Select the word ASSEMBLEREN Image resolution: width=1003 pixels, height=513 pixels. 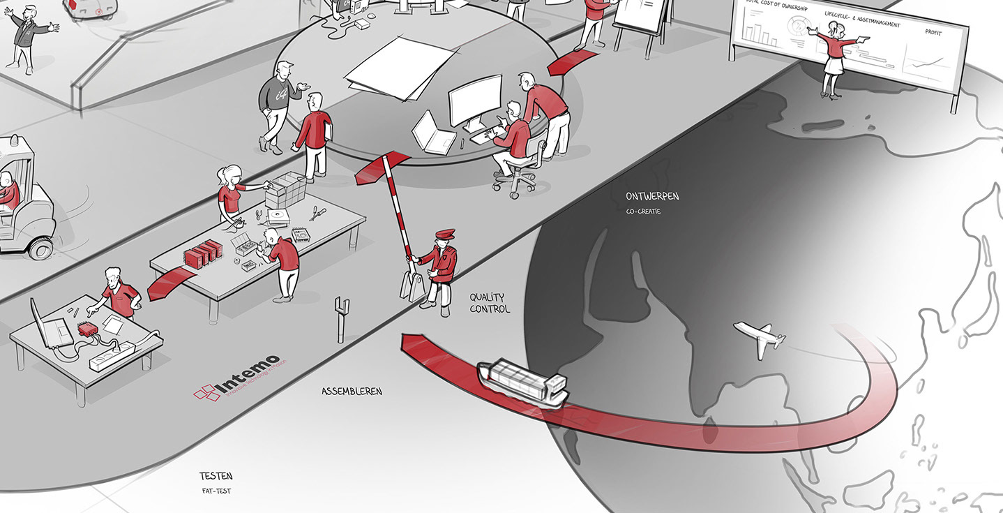[352, 392]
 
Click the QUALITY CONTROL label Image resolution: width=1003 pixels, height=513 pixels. [490, 303]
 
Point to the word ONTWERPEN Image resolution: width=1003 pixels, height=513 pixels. [652, 197]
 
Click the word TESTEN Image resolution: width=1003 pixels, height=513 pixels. [216, 477]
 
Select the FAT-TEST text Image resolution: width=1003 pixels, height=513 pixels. [215, 491]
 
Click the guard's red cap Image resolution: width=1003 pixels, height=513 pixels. [444, 235]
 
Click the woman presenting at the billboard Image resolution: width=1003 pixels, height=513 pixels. [834, 56]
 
